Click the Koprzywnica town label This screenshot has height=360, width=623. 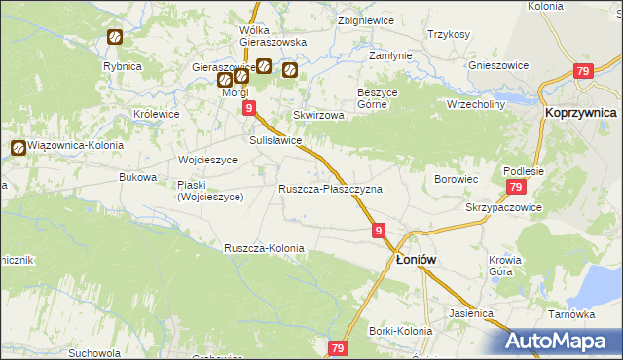pyautogui.click(x=580, y=113)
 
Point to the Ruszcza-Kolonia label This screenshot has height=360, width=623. pyautogui.click(x=264, y=248)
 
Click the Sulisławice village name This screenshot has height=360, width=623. pyautogui.click(x=275, y=140)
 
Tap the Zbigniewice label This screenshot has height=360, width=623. pyautogui.click(x=364, y=20)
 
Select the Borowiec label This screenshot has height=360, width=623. pyautogui.click(x=455, y=179)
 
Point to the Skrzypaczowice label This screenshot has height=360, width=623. pyautogui.click(x=503, y=208)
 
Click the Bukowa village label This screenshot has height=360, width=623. pyautogui.click(x=137, y=177)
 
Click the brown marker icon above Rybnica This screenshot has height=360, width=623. pyautogui.click(x=115, y=38)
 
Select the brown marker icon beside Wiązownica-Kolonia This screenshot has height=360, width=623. pyautogui.click(x=18, y=149)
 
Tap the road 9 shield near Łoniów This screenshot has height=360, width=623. pyautogui.click(x=379, y=231)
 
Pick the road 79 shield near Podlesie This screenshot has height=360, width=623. pyautogui.click(x=516, y=188)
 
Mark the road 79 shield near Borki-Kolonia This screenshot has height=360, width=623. pyautogui.click(x=338, y=348)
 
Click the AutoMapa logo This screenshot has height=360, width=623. pyautogui.click(x=561, y=341)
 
